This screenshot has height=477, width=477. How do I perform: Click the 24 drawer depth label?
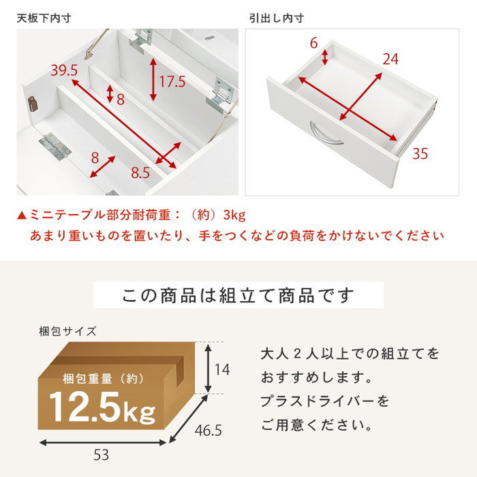pyautogui.click(x=390, y=60)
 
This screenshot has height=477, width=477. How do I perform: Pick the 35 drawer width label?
pyautogui.click(x=420, y=154)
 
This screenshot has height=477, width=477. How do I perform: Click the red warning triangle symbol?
pyautogui.click(x=22, y=216)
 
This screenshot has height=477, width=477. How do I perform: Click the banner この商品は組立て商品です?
pyautogui.click(x=238, y=296)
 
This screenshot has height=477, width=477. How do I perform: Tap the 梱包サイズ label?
pyautogui.click(x=67, y=332)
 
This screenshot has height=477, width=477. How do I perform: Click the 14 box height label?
pyautogui.click(x=223, y=369)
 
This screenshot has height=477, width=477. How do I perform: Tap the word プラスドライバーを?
pyautogui.click(x=326, y=401)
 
